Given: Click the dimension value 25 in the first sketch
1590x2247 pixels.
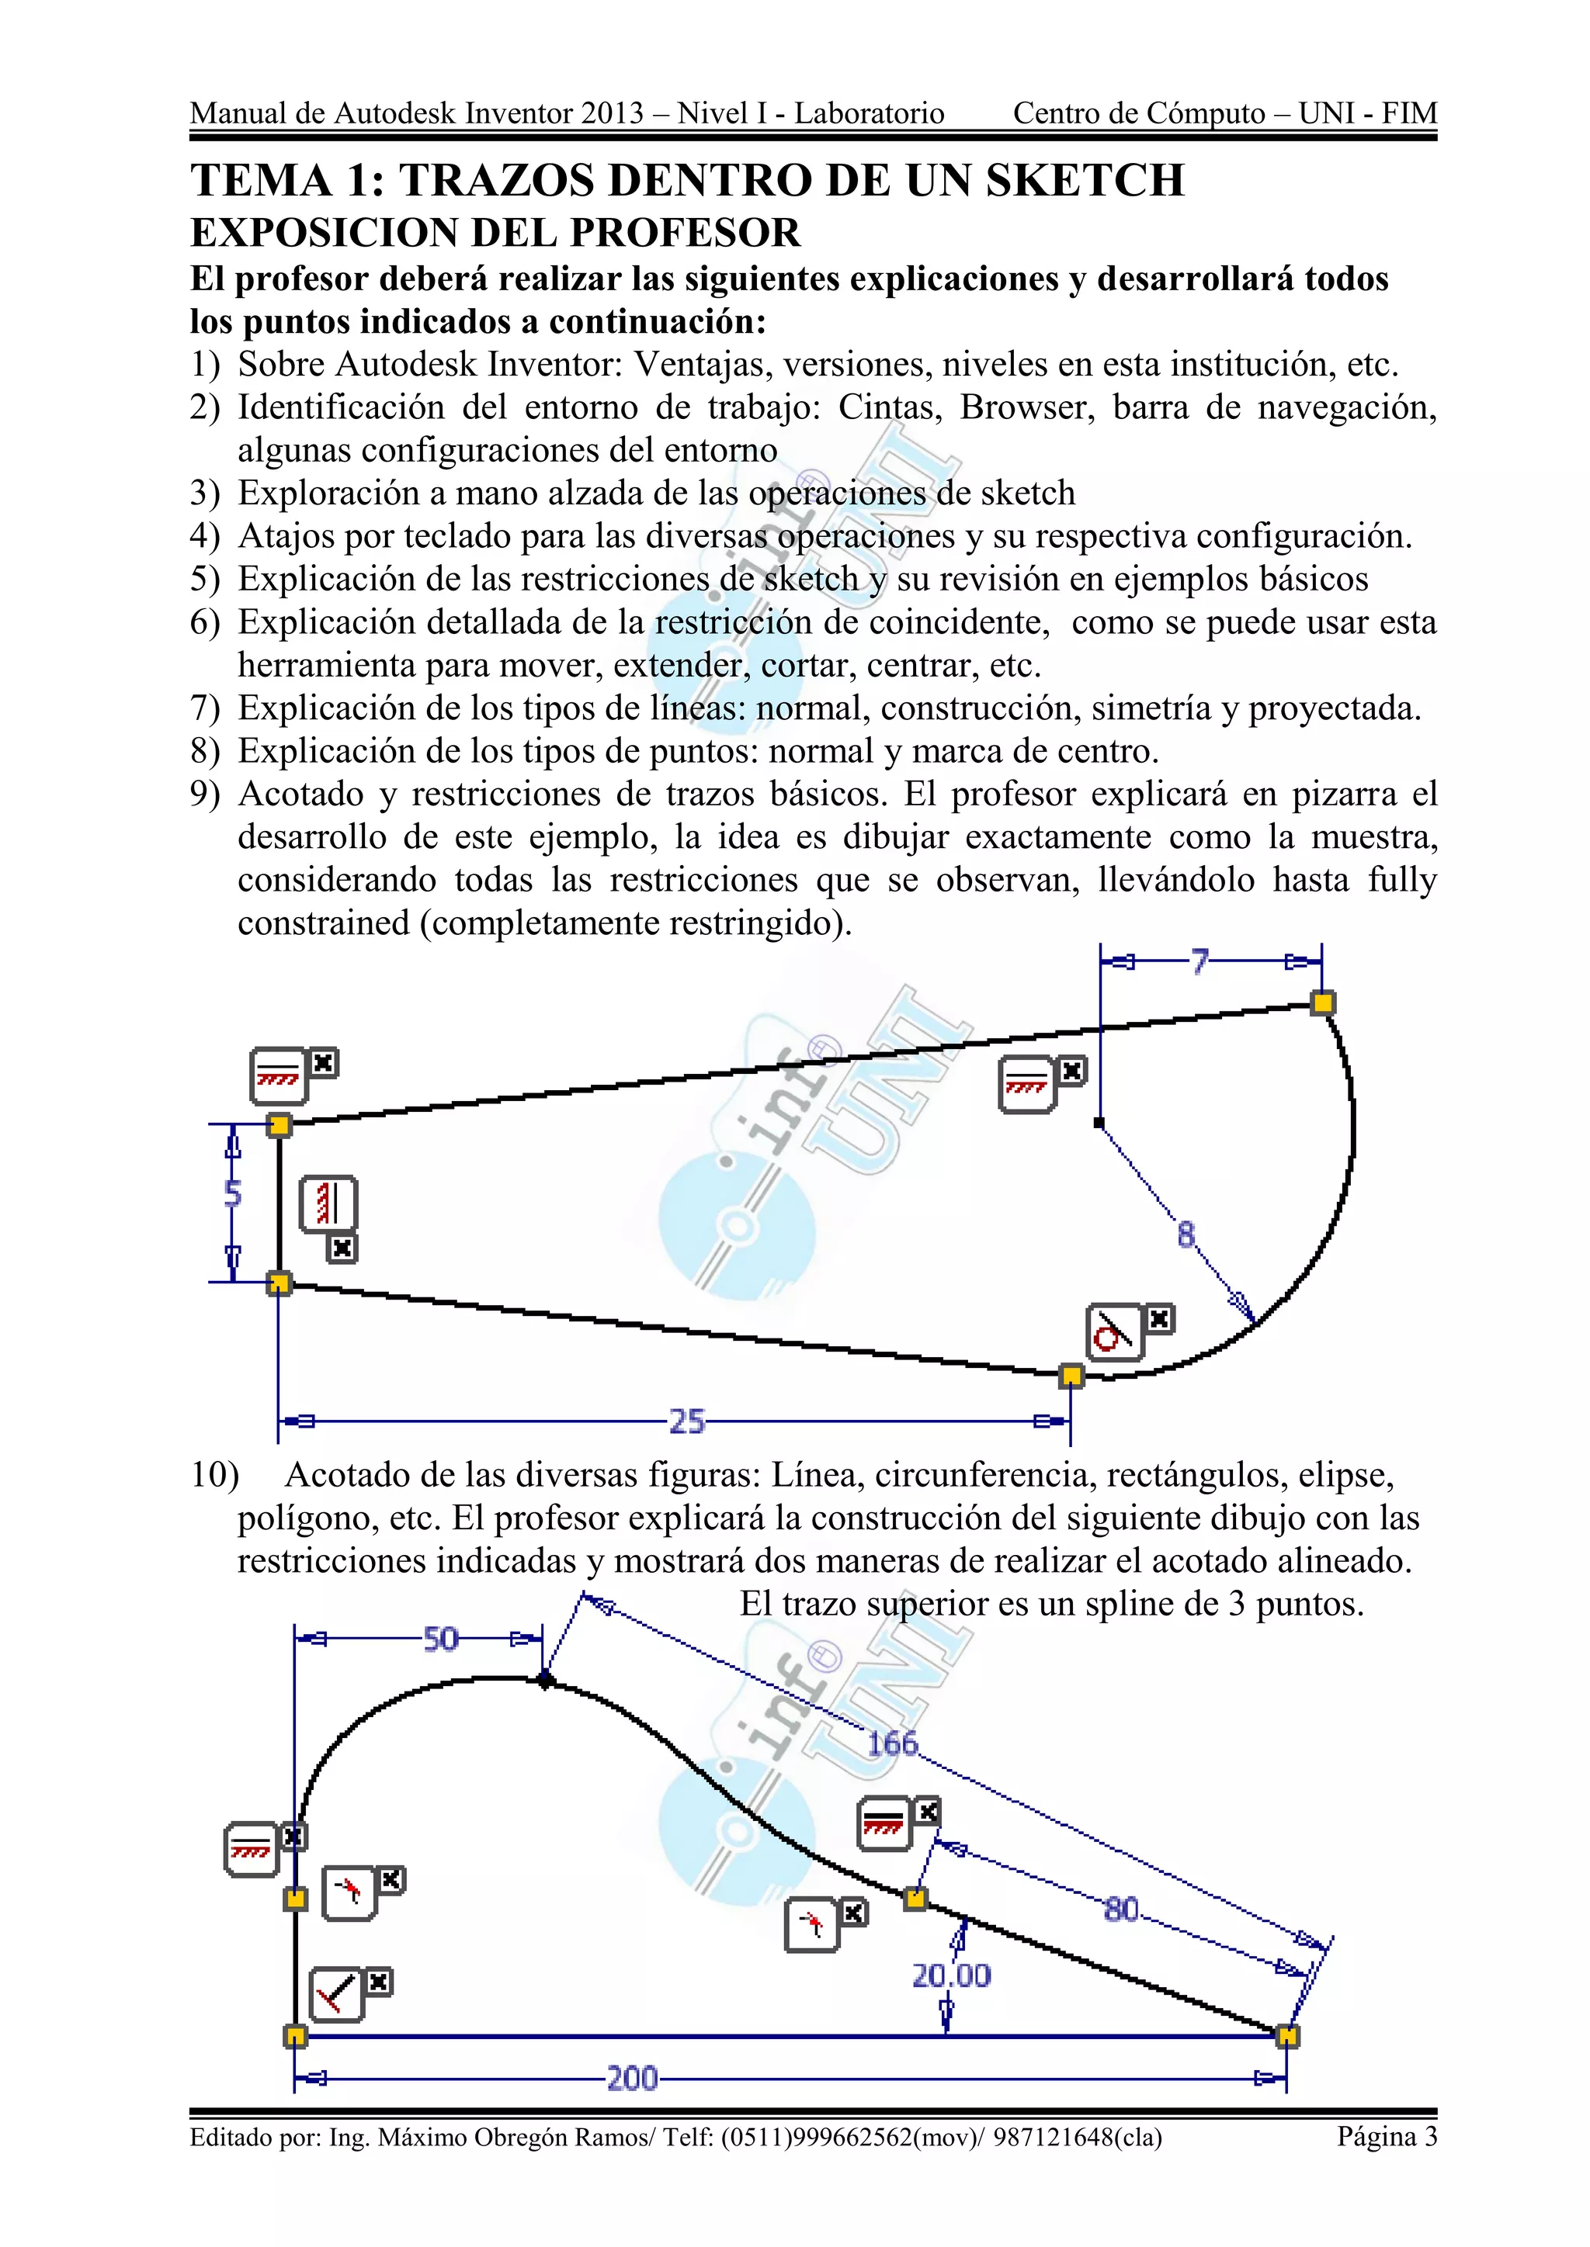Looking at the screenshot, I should [686, 1421].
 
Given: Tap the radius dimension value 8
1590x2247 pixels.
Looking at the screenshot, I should [1186, 1235].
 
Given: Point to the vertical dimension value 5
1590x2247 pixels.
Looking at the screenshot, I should [232, 1193].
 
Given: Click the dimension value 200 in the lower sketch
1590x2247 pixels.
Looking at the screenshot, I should [631, 2078].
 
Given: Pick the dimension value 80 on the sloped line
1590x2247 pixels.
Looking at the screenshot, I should [1121, 1909].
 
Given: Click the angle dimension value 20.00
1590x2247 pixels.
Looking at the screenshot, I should [951, 1976].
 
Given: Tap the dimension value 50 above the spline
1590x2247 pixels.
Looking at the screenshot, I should [440, 1638].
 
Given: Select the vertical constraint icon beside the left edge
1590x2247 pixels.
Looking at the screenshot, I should [329, 1203].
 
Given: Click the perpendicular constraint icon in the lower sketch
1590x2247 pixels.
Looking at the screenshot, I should [336, 1995].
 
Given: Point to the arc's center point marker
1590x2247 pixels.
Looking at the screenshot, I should [1099, 1123].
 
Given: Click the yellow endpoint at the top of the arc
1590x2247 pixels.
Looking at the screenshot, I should [1323, 1002].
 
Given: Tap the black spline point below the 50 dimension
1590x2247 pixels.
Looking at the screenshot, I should [545, 1681].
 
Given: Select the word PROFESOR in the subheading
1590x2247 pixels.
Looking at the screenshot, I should [686, 233].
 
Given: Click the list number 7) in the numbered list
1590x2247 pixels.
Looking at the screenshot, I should [205, 708].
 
